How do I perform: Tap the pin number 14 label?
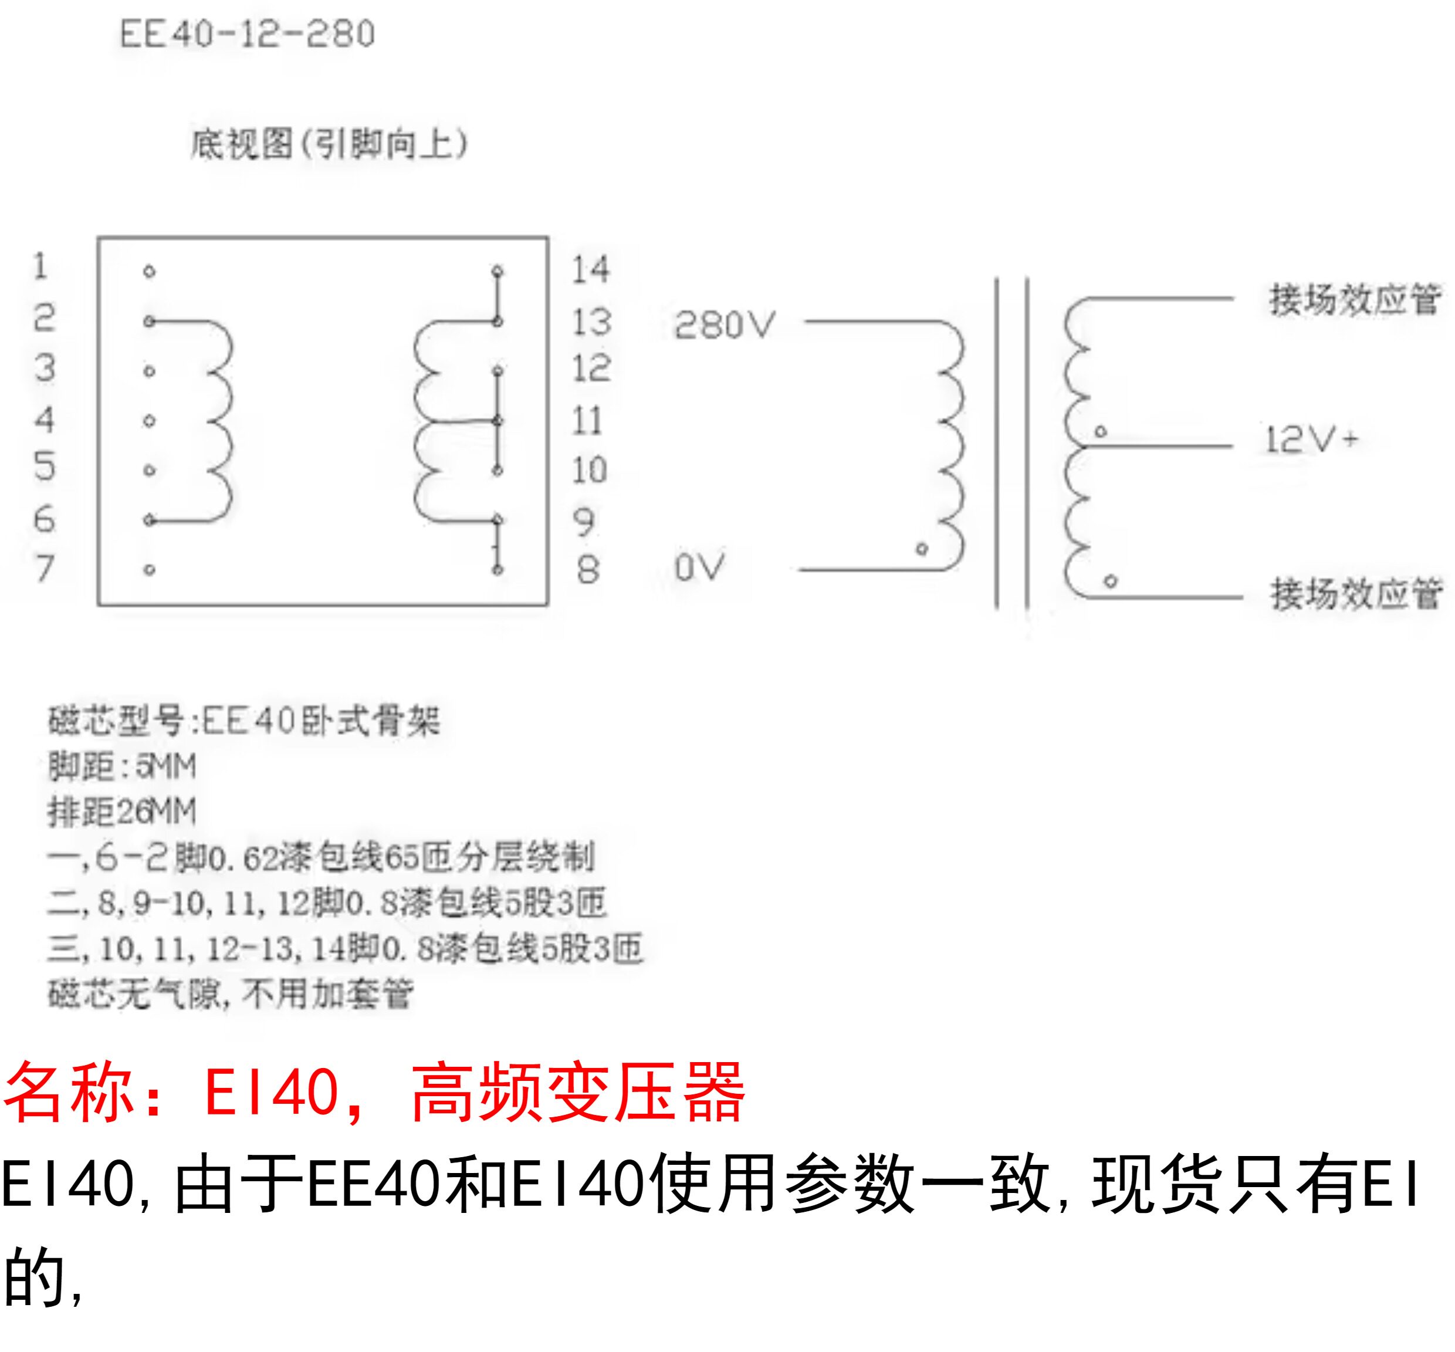point(590,270)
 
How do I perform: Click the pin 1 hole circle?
point(149,272)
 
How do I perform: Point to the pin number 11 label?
point(587,421)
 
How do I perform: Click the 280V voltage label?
point(723,325)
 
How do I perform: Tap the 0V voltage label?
point(699,567)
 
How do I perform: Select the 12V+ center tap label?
point(1311,440)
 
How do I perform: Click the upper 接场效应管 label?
point(1354,300)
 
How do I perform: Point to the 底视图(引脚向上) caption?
point(329,144)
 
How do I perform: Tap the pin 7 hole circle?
point(149,570)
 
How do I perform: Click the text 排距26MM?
point(122,812)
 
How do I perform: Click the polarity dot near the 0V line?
point(922,549)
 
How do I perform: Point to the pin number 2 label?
point(45,318)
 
